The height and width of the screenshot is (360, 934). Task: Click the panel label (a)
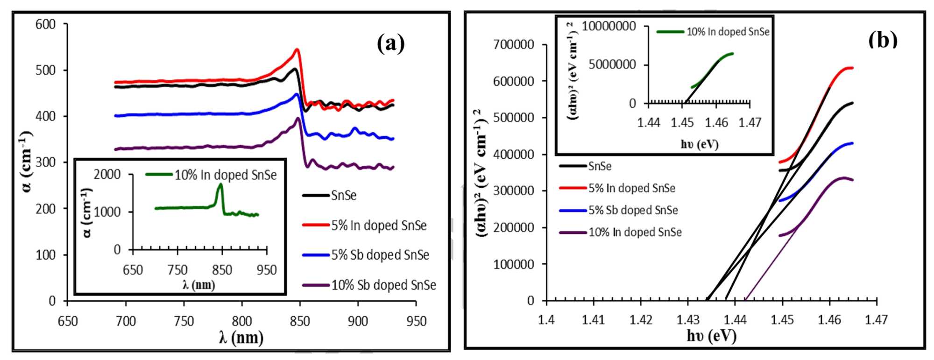(x=390, y=43)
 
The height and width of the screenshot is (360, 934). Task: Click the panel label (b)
(x=883, y=40)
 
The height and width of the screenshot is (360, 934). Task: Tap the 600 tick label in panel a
(x=45, y=24)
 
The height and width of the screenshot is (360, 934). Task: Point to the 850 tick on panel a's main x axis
(x=300, y=321)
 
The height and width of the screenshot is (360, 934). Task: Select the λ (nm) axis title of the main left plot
(x=241, y=337)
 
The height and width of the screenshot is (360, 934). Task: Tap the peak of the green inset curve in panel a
(x=220, y=184)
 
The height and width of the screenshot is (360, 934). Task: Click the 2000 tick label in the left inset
(x=107, y=175)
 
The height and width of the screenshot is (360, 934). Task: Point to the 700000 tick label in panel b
(x=514, y=45)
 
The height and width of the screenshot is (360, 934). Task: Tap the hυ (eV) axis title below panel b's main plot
(x=711, y=335)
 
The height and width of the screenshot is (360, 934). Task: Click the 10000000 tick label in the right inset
(x=609, y=26)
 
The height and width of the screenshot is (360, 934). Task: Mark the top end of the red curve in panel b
(x=852, y=68)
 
